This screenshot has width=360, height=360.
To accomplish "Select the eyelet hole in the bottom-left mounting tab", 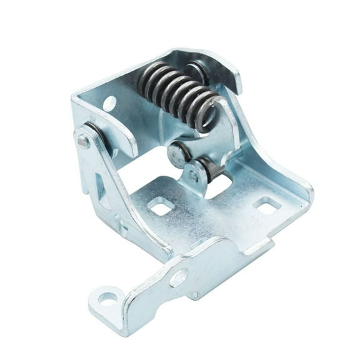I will pos(107,299).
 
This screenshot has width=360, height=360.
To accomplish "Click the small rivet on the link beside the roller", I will pos(194,177).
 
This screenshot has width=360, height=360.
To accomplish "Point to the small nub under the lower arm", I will pos(196,296).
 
